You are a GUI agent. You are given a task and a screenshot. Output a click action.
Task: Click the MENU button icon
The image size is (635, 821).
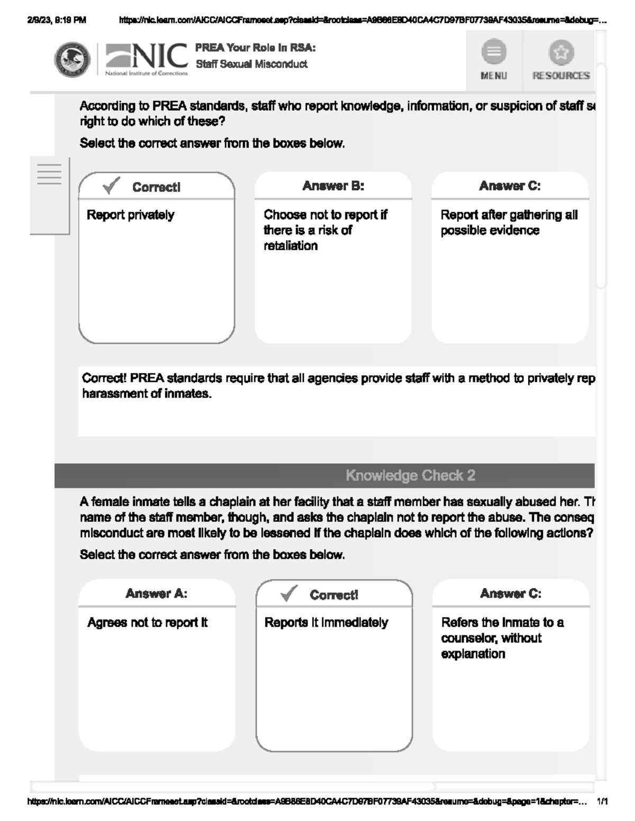(x=493, y=52)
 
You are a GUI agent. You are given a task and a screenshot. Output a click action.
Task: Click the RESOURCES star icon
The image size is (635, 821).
(x=561, y=52)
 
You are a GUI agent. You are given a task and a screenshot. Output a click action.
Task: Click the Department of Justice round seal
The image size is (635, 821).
(x=72, y=60)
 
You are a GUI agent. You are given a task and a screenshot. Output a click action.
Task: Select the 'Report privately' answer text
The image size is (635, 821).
(x=130, y=215)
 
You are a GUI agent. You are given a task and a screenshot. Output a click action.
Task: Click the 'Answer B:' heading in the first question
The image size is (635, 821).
(x=333, y=186)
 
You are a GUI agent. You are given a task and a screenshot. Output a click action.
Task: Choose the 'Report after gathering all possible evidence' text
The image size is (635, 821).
(x=509, y=223)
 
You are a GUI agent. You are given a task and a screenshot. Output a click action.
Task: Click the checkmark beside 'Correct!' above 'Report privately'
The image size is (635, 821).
(x=111, y=186)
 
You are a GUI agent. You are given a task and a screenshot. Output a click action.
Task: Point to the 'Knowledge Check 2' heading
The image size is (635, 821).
(x=410, y=475)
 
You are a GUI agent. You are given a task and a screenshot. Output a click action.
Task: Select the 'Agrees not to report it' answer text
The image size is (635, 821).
(x=147, y=623)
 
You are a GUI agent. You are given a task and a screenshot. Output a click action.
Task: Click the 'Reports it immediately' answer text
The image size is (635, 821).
(x=326, y=623)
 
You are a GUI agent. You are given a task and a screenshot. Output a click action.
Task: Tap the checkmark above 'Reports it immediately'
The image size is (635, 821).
(x=289, y=594)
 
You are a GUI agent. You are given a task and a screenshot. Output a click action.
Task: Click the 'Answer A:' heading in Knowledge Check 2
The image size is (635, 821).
(x=156, y=594)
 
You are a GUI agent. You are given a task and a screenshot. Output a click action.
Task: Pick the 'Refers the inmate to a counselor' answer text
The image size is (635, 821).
(x=502, y=638)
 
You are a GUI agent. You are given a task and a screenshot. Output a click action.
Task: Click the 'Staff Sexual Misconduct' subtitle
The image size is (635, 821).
(x=251, y=64)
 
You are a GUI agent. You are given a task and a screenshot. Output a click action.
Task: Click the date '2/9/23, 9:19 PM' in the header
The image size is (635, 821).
(x=56, y=21)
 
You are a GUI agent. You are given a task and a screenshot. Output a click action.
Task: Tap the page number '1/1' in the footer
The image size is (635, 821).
(x=602, y=801)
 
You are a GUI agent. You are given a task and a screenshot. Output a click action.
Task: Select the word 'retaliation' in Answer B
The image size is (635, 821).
(x=291, y=246)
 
